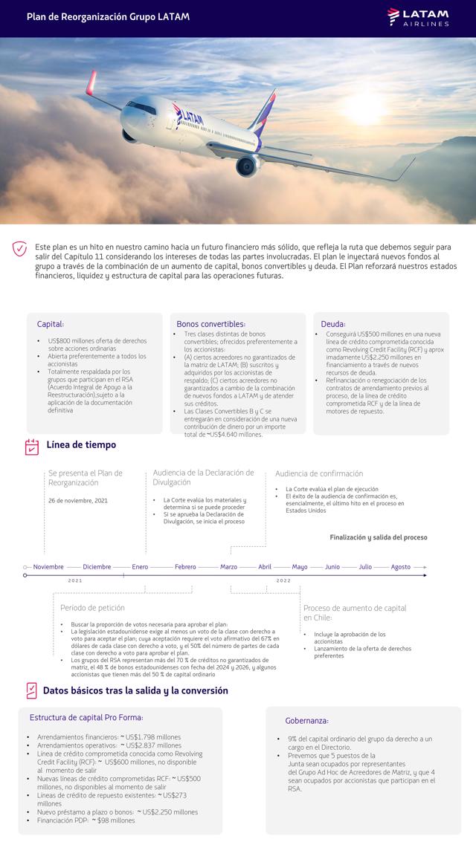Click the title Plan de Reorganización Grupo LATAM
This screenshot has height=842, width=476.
(x=108, y=16)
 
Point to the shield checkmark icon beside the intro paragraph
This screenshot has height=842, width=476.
(x=20, y=249)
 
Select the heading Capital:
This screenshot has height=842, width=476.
(x=51, y=324)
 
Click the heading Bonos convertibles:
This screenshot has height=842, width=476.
(x=210, y=324)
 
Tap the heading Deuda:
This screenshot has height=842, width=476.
(x=333, y=324)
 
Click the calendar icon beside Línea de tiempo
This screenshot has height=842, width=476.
(x=32, y=446)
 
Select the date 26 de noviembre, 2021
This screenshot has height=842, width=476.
(x=78, y=500)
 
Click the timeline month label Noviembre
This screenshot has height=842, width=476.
(x=48, y=567)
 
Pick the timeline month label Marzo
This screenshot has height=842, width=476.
(x=228, y=567)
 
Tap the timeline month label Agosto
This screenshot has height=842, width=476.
(x=401, y=567)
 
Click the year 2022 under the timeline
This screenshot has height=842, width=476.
(x=283, y=580)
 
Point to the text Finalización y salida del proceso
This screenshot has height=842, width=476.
(x=379, y=537)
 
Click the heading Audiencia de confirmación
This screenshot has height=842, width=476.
(x=319, y=473)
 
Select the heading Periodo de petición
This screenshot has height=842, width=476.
(x=92, y=608)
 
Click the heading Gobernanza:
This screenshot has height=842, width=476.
(x=306, y=721)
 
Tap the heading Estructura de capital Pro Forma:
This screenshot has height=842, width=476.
(x=86, y=717)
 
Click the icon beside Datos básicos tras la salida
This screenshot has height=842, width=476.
(x=31, y=690)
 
